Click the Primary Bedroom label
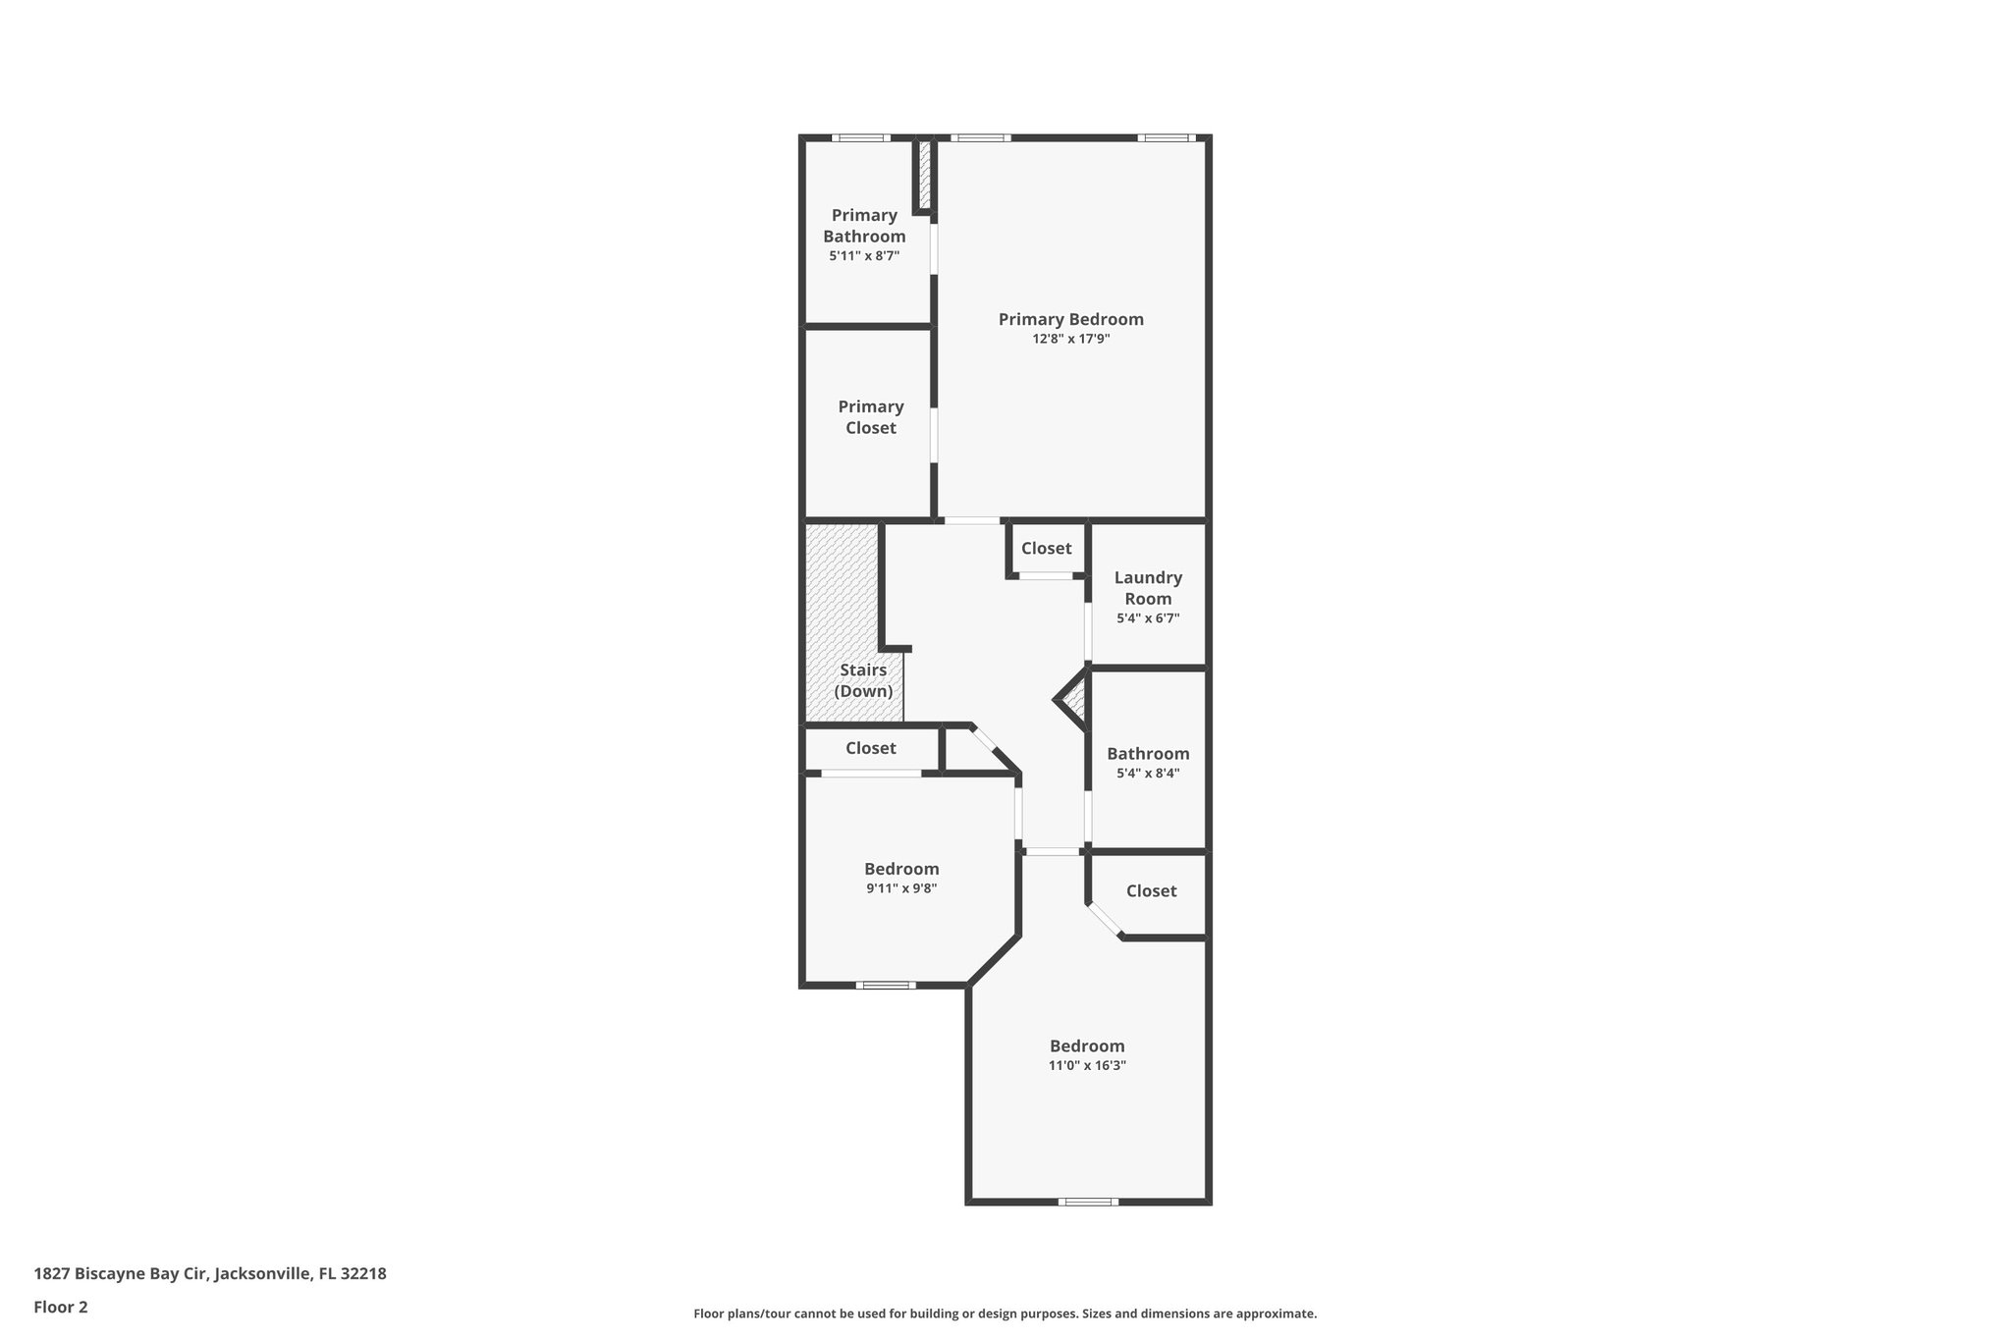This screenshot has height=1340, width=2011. point(1070,319)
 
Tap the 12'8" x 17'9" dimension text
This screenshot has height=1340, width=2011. point(1070,340)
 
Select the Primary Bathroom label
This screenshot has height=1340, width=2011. point(864,226)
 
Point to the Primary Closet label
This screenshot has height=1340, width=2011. point(871,417)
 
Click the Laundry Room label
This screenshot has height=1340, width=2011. point(1148,588)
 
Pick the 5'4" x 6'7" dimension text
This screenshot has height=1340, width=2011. point(1148,618)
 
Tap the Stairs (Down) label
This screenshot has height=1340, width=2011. point(863,680)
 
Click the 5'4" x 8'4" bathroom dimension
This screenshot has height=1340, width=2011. point(1148,774)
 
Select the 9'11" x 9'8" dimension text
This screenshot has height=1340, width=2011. point(901,888)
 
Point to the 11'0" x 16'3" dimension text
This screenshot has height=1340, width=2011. point(1087,1065)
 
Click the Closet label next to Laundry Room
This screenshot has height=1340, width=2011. point(1046,549)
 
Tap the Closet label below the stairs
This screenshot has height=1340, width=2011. point(871,748)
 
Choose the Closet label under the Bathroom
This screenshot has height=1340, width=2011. point(1151,890)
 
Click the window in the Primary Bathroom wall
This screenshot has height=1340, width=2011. point(861,138)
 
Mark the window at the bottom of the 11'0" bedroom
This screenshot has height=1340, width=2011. point(1088,1201)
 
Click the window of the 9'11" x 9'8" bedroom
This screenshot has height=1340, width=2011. point(886,985)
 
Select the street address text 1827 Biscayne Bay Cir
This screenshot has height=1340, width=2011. point(210,1273)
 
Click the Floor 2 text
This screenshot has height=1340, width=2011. point(61,1307)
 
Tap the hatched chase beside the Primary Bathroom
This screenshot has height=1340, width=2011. point(924,176)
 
